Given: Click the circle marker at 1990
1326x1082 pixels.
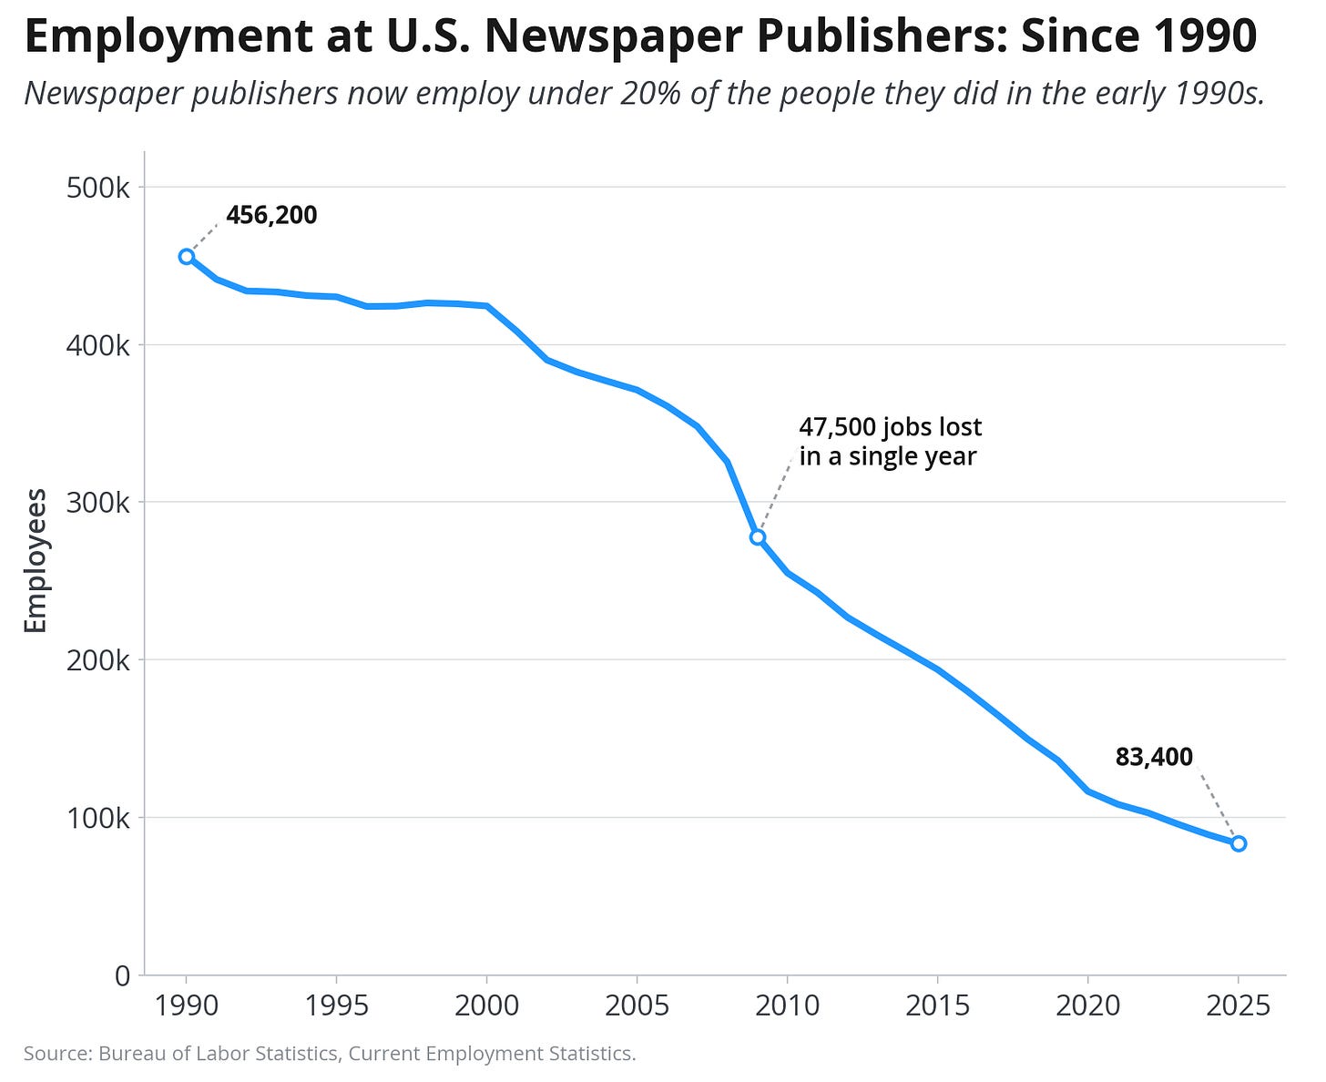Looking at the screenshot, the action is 186,256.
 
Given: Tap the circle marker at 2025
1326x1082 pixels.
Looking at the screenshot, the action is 1238,843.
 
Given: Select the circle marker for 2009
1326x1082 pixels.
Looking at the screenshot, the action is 758,537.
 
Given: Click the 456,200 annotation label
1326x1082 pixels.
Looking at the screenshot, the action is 271,216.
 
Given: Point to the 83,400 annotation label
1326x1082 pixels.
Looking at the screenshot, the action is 1154,757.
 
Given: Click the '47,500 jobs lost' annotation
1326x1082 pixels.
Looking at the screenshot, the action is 891,427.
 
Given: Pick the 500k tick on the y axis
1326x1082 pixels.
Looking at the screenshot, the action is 98,188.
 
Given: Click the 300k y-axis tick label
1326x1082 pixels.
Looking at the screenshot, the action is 98,503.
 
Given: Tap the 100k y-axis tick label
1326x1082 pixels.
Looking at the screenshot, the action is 98,818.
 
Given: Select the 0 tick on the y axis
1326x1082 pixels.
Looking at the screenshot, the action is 123,975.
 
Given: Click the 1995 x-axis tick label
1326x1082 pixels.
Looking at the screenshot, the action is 336,1005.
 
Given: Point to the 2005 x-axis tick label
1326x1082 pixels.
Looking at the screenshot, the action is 637,1005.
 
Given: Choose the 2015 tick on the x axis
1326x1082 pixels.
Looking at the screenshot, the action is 937,1005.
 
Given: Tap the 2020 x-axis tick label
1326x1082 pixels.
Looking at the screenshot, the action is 1087,1005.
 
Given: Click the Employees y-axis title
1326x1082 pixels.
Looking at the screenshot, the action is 36,561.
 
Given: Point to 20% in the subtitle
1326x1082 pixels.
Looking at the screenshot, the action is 651,93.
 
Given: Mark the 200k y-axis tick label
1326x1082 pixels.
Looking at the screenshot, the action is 98,660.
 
